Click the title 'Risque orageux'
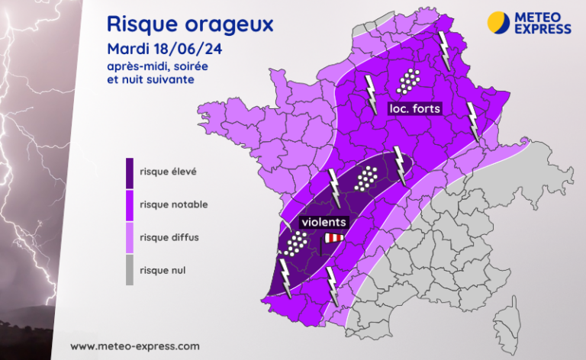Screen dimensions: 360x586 tap(190, 24)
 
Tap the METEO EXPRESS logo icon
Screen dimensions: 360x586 tap(498, 21)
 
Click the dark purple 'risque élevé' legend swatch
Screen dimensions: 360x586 tap(130, 178)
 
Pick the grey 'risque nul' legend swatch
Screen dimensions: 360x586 tap(130, 269)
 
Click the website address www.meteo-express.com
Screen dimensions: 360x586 tap(135, 346)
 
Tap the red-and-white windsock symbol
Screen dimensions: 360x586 tap(333, 239)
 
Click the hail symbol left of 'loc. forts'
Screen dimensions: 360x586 tap(410, 79)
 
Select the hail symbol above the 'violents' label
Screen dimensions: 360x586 tap(369, 178)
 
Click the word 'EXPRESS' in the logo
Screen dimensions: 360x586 tap(543, 29)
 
